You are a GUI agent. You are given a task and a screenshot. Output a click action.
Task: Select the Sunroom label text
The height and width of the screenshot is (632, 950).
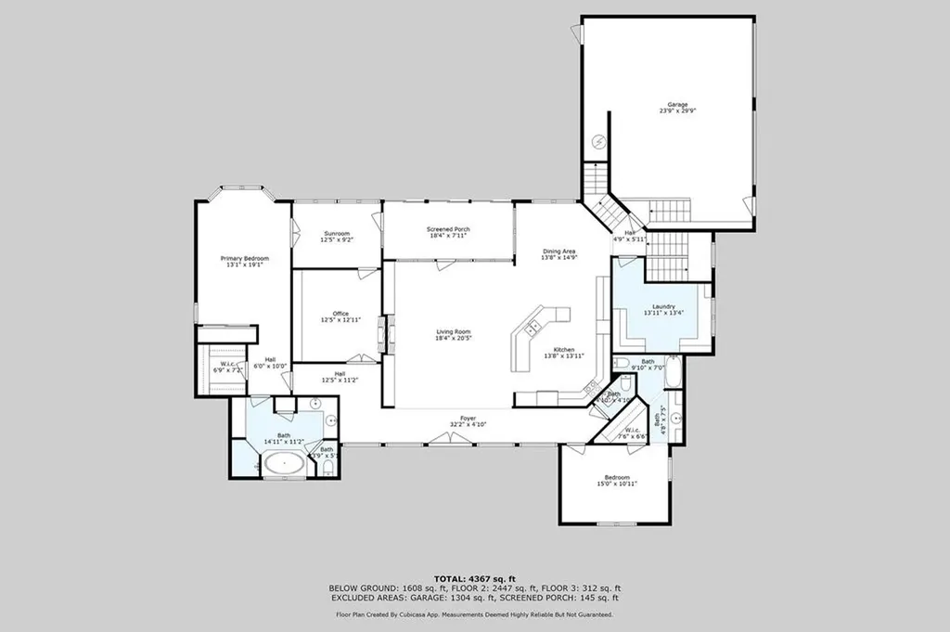[x=336, y=236]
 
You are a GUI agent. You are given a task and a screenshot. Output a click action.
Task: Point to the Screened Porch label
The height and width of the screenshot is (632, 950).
[x=448, y=232]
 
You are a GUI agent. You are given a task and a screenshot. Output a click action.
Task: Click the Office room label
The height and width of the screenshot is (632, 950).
[x=340, y=316]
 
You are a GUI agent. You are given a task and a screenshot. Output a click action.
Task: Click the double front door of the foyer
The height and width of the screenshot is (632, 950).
[x=449, y=439]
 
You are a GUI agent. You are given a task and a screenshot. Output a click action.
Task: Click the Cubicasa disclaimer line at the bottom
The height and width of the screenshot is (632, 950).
[x=474, y=613]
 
